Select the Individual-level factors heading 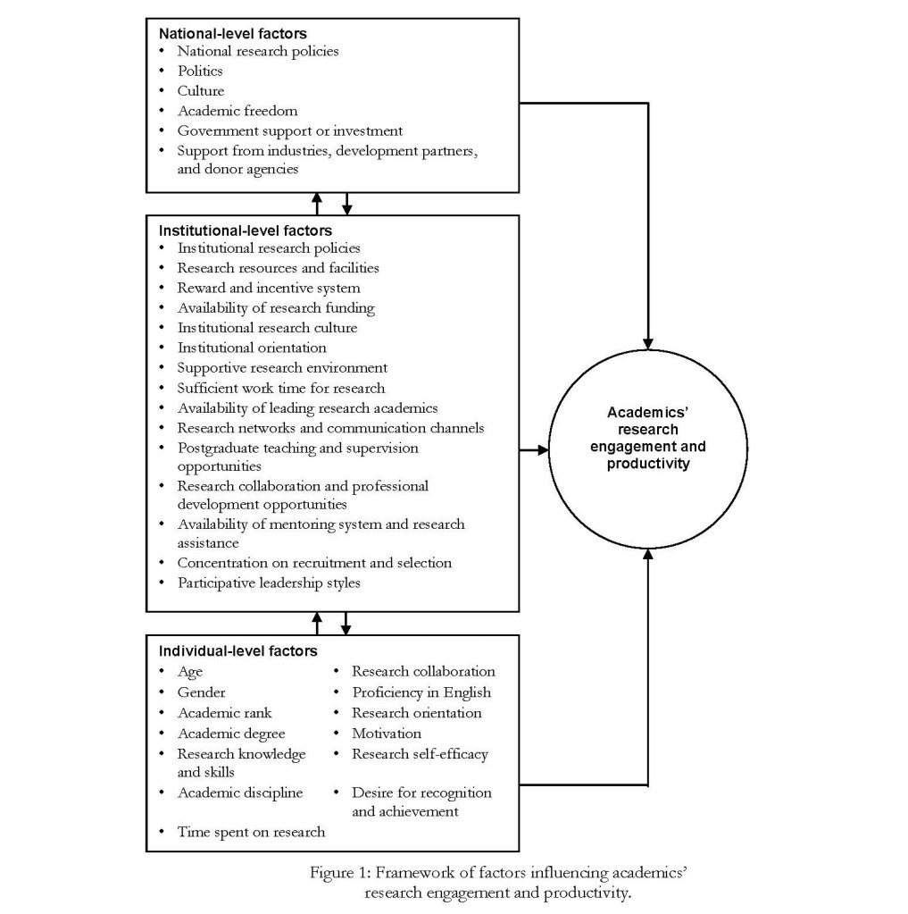237,651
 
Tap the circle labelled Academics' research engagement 648,439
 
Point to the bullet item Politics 199,71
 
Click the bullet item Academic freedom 237,111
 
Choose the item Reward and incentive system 269,288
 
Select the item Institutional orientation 252,347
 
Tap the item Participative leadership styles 268,583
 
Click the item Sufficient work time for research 281,388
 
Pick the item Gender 201,692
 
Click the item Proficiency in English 421,692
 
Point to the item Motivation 387,734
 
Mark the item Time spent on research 251,832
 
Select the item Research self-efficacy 420,754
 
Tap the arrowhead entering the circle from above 649,343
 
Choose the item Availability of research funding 276,307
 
